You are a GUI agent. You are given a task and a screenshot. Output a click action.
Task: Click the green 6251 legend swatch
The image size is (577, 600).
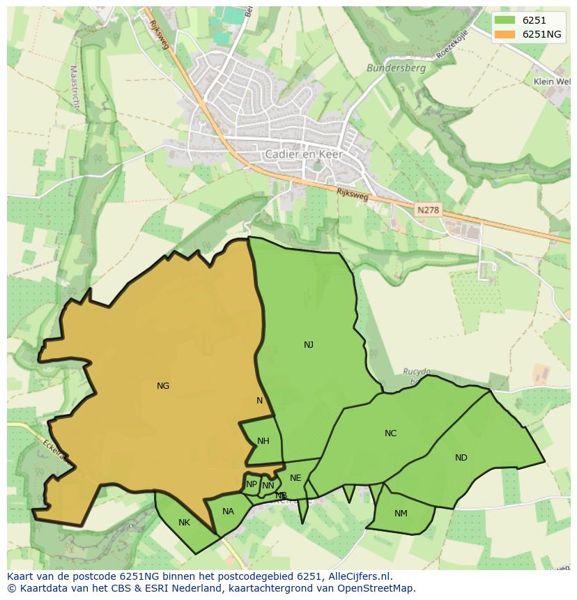(505, 20)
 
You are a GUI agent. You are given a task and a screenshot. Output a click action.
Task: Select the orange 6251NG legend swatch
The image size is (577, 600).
(505, 34)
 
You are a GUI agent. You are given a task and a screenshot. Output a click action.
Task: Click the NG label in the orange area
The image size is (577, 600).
(163, 385)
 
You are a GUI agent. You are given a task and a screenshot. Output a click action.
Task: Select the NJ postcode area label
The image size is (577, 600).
(309, 344)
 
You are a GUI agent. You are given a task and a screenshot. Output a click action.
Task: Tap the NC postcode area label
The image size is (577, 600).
(390, 433)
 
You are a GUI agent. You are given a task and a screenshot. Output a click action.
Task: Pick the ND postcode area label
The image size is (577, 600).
(461, 457)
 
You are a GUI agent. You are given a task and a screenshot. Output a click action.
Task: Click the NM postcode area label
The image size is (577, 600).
(401, 514)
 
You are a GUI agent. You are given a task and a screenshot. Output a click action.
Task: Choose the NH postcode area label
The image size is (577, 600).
(263, 440)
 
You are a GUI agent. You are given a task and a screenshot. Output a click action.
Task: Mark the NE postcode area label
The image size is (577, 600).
(295, 477)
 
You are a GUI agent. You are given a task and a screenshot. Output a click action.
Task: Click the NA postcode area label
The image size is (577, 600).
(228, 511)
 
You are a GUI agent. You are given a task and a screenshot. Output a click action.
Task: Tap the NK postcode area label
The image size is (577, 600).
(184, 522)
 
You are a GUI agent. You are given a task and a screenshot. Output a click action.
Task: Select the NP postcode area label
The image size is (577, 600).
(251, 484)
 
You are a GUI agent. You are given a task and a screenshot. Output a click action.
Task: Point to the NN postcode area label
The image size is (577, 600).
(268, 486)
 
